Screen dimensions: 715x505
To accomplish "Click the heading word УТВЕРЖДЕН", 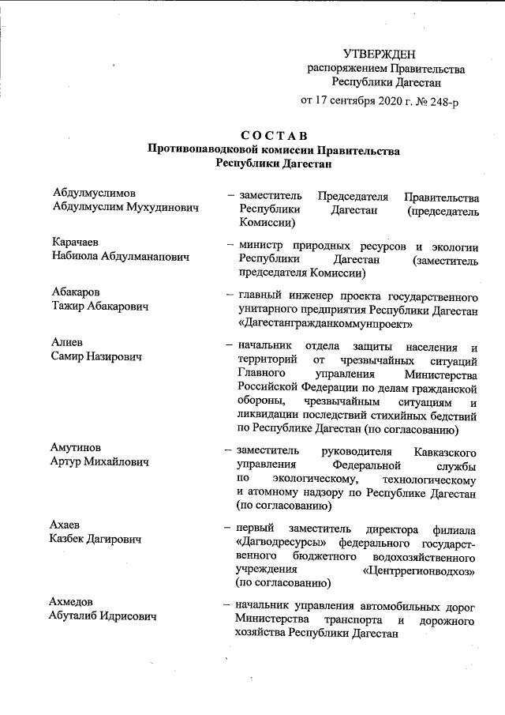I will (x=385, y=54).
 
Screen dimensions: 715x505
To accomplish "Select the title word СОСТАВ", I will (x=274, y=136).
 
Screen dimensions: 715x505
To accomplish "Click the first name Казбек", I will (x=72, y=541).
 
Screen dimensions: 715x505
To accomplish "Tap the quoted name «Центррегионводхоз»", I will (x=421, y=568).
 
